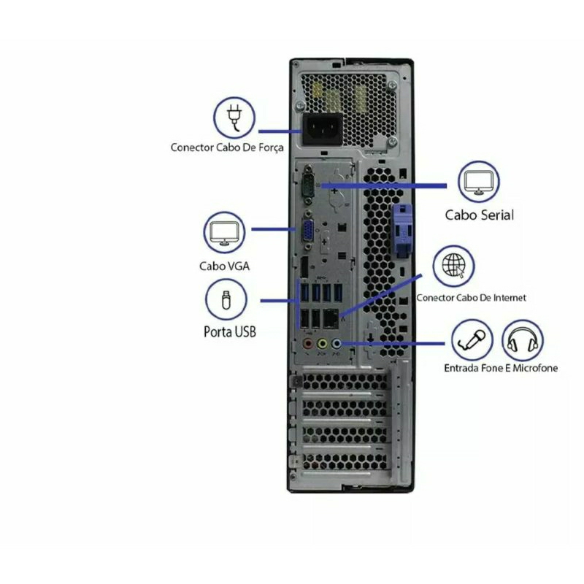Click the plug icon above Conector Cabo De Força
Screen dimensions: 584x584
234,118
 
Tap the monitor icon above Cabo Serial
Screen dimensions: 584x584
479,182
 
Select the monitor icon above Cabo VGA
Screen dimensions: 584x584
224,232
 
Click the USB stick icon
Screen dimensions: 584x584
226,299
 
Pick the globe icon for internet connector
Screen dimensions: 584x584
453,266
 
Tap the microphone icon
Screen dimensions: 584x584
472,340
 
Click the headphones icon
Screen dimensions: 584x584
523,340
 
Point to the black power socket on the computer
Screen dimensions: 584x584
323,129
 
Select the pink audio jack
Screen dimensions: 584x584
307,343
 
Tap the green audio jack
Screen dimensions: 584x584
322,343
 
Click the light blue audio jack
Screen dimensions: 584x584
336,343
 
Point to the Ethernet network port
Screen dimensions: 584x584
331,318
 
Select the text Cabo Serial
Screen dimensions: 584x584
480,215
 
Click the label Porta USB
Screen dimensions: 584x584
230,331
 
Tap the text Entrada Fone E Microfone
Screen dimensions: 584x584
501,368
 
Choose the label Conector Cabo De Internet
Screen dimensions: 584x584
471,298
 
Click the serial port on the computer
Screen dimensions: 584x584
308,185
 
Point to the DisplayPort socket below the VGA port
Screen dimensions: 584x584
304,267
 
